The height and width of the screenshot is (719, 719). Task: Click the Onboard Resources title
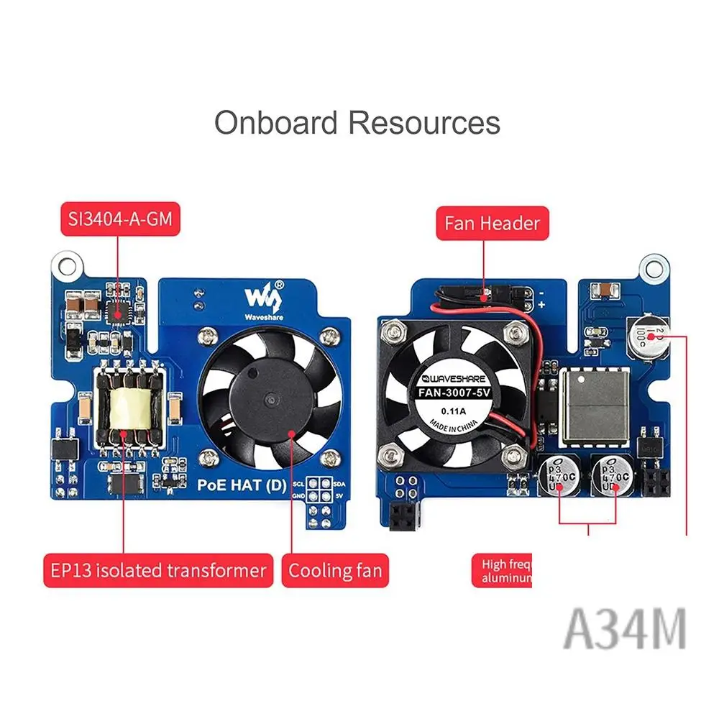[x=357, y=122]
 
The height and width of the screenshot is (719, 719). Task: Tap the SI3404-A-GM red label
[x=120, y=219]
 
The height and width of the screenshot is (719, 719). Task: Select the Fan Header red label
[x=492, y=223]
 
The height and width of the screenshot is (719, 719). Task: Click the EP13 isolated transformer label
[x=158, y=571]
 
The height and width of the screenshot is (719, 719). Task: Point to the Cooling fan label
[x=335, y=571]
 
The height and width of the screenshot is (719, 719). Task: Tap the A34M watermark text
[x=624, y=628]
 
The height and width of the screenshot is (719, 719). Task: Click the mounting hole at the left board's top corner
[x=67, y=267]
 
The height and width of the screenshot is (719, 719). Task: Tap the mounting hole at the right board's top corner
[x=653, y=267]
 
